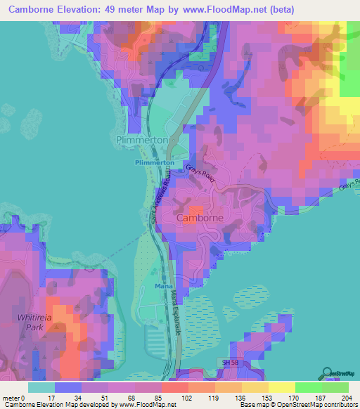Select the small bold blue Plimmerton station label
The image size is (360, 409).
tap(154, 162)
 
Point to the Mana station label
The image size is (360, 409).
tap(162, 287)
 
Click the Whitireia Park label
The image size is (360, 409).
tap(34, 323)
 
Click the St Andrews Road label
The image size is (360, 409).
tap(162, 200)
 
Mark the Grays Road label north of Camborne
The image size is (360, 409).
tap(201, 174)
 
